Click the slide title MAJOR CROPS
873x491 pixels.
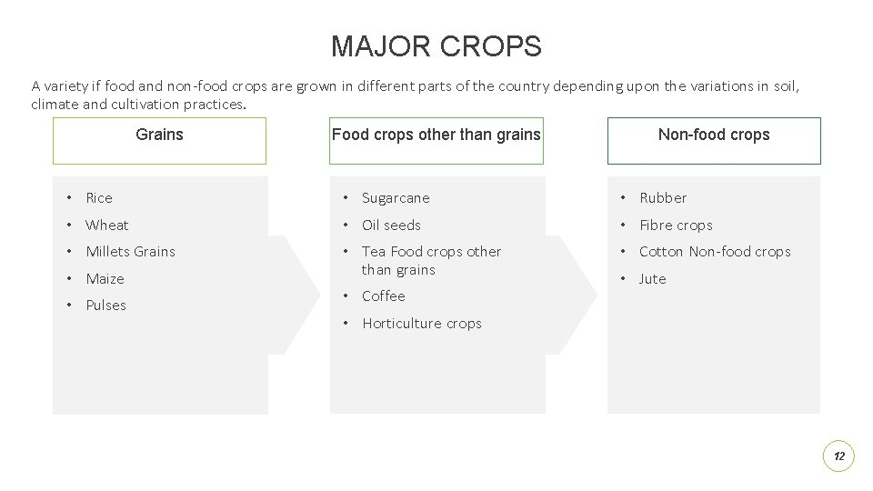tap(436, 45)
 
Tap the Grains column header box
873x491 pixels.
tap(159, 140)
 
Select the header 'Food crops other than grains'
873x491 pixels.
tap(436, 140)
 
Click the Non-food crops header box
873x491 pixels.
tap(714, 140)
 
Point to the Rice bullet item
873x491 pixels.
tap(99, 198)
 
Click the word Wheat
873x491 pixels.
tap(107, 225)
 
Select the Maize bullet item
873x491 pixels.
tap(105, 279)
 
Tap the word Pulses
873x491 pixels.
tap(105, 306)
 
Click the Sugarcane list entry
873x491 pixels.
tap(396, 198)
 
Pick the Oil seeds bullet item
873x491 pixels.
tap(391, 225)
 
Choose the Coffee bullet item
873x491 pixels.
tap(384, 296)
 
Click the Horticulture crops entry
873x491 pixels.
tap(422, 324)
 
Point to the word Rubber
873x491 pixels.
tap(663, 198)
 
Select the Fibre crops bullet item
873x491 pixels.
tap(676, 225)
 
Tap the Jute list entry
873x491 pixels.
tap(652, 279)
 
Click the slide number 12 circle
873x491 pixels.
tap(838, 456)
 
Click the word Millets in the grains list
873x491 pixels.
tap(107, 252)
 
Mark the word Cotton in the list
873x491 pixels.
tap(661, 252)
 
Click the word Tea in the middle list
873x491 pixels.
tap(374, 252)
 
